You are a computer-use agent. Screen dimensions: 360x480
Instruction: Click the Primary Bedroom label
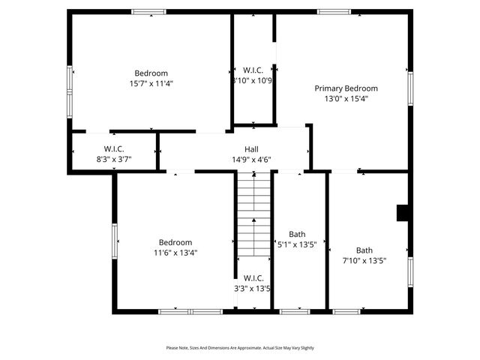[346, 88]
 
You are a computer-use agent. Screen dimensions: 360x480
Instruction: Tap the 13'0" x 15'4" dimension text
[346, 98]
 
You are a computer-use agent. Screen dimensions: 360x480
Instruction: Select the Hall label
[251, 148]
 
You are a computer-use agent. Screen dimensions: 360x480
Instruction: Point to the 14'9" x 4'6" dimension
[251, 159]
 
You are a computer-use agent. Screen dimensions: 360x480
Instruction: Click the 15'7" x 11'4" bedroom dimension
[151, 83]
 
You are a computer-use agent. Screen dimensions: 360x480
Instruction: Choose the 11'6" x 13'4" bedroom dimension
[175, 253]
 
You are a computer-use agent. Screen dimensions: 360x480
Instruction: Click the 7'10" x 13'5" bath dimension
[364, 261]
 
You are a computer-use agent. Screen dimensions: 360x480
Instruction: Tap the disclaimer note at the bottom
[240, 348]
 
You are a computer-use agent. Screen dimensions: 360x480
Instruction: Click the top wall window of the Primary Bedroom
[334, 12]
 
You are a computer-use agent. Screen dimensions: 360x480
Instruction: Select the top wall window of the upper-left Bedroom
[148, 12]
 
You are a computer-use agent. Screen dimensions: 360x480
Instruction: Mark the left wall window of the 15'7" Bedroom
[70, 82]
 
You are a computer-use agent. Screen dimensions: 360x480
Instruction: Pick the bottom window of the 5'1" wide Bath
[295, 310]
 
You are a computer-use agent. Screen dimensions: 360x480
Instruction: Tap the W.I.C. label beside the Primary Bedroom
[253, 70]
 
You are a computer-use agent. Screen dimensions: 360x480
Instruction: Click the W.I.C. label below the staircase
[253, 277]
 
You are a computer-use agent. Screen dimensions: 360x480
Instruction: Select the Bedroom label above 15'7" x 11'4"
[151, 73]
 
